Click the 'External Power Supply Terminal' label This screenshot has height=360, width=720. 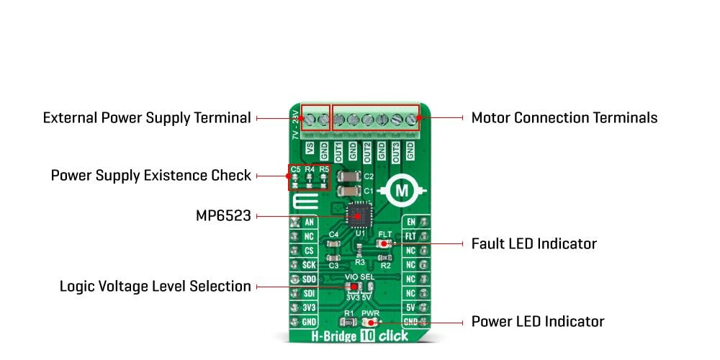click(147, 117)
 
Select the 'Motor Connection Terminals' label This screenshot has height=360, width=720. click(564, 117)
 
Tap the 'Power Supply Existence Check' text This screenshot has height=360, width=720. click(150, 175)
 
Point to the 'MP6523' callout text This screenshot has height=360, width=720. click(223, 215)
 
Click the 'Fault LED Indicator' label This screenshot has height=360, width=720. click(534, 243)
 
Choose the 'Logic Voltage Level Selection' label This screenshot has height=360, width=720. click(155, 287)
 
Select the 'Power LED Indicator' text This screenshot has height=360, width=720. click(537, 321)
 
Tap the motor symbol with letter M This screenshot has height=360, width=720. click(403, 191)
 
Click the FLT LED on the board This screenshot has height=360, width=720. click(384, 244)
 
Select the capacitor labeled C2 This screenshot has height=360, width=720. click(350, 176)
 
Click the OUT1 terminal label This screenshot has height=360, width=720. click(338, 150)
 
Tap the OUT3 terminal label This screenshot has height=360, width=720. click(395, 150)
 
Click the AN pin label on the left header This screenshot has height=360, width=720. click(309, 222)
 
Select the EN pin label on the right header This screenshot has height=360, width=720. click(411, 222)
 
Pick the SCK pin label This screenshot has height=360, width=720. click(309, 264)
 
